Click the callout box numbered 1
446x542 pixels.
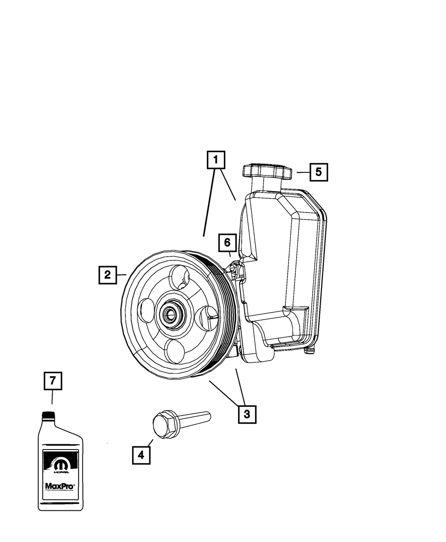216,159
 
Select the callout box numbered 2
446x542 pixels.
107,275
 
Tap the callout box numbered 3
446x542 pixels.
247,413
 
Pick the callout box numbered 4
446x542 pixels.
141,455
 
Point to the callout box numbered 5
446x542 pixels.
318,172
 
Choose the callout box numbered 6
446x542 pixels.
227,242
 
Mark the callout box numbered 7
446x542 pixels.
53,381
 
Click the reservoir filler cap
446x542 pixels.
267,172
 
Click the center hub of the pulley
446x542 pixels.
171,314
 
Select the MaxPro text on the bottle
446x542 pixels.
60,486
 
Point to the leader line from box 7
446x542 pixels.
52,396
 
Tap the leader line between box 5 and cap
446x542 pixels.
303,172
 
